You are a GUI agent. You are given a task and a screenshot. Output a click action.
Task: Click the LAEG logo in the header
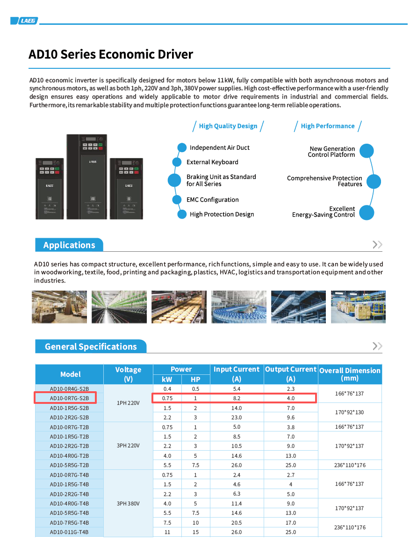[x=24, y=21]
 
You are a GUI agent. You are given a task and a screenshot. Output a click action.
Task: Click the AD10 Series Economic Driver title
[x=111, y=54]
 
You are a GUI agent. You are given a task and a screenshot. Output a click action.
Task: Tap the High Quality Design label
[x=228, y=126]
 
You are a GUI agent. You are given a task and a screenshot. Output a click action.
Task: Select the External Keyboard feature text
[x=212, y=162]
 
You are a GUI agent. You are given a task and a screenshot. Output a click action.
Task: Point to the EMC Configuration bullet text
[x=212, y=200]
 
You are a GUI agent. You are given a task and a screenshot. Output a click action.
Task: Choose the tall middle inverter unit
[x=86, y=176]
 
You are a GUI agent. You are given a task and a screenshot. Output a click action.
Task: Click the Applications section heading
[x=69, y=245]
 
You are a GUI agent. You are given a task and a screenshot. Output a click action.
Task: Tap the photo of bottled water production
[x=239, y=307]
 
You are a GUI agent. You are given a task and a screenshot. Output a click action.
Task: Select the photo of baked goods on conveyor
[x=179, y=307]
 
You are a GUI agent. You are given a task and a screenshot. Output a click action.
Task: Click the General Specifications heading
[x=91, y=347]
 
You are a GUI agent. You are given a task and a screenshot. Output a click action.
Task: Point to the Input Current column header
[x=237, y=374]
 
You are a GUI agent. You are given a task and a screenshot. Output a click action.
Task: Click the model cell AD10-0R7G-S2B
[x=69, y=398]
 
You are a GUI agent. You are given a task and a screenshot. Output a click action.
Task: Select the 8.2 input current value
[x=237, y=398]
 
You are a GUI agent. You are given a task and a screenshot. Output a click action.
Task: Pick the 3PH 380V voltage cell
[x=128, y=504]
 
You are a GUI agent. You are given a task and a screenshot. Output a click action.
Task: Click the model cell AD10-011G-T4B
[x=69, y=532]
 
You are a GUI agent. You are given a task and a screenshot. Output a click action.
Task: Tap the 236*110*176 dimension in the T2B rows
[x=350, y=465]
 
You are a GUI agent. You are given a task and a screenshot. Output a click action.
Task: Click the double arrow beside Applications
[x=377, y=245]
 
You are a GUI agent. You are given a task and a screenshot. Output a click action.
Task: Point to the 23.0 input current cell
[x=237, y=417]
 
